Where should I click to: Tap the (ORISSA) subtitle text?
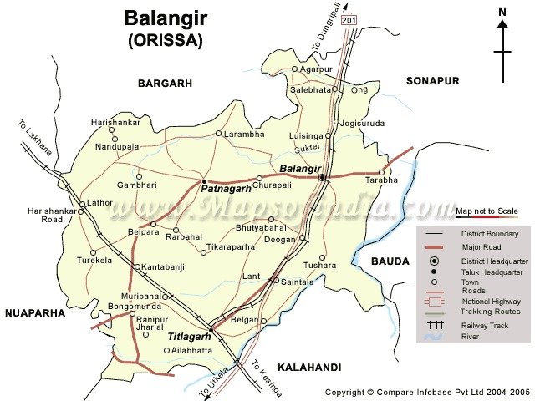pyautogui.click(x=165, y=39)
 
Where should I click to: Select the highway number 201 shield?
pyautogui.click(x=349, y=19)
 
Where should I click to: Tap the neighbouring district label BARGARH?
pyautogui.click(x=165, y=83)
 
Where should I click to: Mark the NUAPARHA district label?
pyautogui.click(x=34, y=313)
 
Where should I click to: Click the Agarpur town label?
pyautogui.click(x=317, y=69)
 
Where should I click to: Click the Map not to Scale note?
pyautogui.click(x=487, y=211)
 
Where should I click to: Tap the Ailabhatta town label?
pyautogui.click(x=191, y=350)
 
